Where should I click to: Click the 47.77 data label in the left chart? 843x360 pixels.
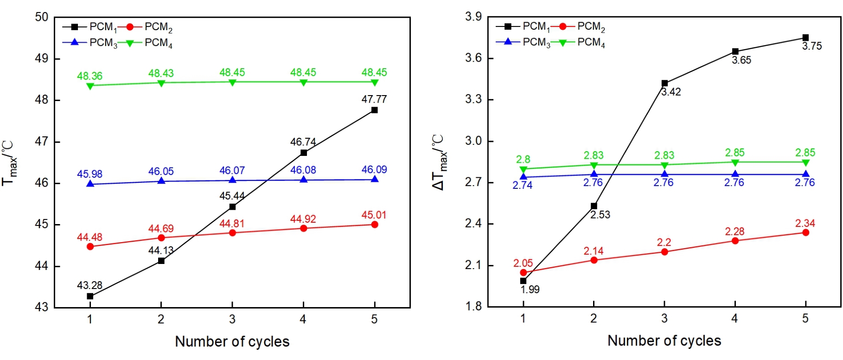(374, 99)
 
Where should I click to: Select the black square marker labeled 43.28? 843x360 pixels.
(90, 296)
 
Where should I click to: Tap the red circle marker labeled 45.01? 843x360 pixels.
(375, 225)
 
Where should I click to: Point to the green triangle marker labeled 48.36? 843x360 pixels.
(90, 85)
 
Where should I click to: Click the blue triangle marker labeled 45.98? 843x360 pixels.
(90, 184)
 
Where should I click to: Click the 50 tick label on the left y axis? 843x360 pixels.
(42, 17)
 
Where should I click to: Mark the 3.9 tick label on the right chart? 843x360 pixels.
(473, 17)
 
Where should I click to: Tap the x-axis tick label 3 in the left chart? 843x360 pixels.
(232, 319)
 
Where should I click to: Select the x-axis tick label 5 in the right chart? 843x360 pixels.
(805, 318)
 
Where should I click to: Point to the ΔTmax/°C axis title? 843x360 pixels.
(439, 162)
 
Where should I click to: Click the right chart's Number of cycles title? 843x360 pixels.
(664, 341)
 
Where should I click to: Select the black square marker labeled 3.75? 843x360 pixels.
(805, 38)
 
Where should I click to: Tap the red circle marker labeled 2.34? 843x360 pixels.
(805, 232)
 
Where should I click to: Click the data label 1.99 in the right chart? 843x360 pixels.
(530, 289)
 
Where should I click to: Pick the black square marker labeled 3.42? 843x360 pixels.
(664, 84)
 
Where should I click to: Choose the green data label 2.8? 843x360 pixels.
(523, 160)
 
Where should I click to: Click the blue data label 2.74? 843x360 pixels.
(522, 185)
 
